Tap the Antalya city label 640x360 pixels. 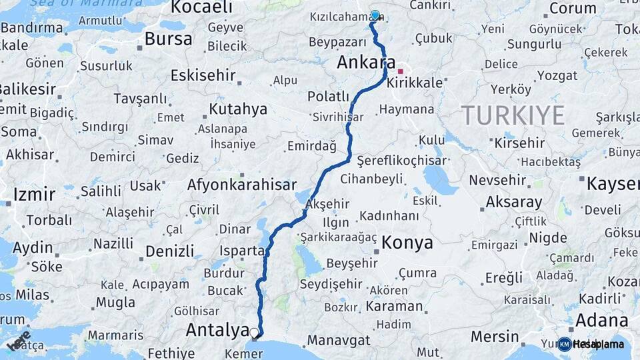click(x=217, y=329)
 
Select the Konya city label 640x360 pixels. click(x=407, y=243)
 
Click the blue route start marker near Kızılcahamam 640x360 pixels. click(x=375, y=15)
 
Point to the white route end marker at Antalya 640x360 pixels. click(x=255, y=331)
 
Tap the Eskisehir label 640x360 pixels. click(x=203, y=75)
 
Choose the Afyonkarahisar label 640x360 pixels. click(x=241, y=185)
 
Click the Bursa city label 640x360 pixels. click(x=168, y=39)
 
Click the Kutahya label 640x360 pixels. click(x=237, y=109)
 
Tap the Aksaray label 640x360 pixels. click(x=513, y=202)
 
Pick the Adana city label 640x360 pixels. click(x=601, y=319)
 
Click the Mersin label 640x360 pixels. click(x=494, y=336)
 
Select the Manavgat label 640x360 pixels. click(x=339, y=340)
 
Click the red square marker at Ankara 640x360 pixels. click(x=401, y=71)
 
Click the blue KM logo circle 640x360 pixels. click(x=564, y=344)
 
